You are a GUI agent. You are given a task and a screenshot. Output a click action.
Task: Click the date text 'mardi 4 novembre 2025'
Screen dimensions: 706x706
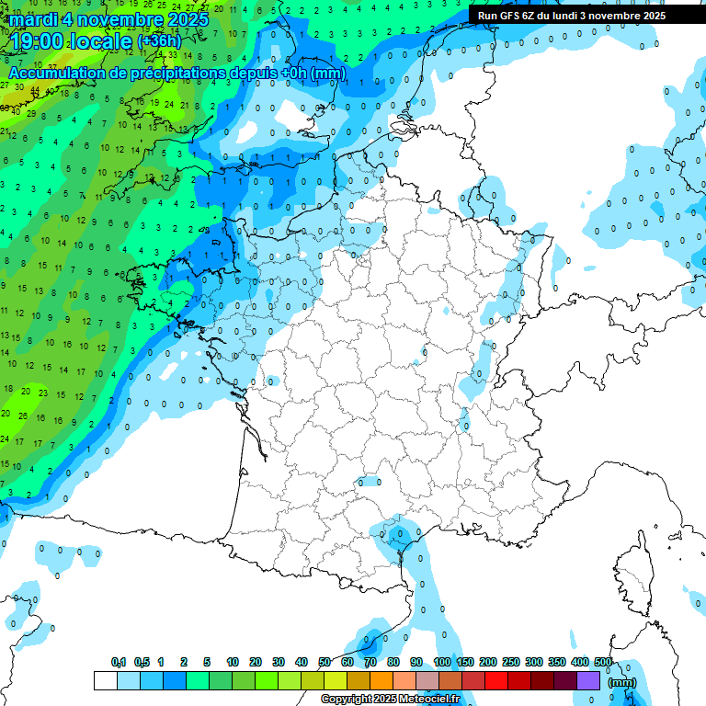(x=109, y=18)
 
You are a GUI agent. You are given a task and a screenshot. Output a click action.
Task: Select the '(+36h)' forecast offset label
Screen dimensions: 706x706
(x=160, y=41)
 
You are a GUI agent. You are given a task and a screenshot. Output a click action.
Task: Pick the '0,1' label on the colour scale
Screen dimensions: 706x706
(x=119, y=663)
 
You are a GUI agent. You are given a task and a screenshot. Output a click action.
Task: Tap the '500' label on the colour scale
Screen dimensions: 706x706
(x=603, y=663)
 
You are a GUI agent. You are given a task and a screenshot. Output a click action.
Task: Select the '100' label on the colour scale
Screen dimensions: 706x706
(x=442, y=663)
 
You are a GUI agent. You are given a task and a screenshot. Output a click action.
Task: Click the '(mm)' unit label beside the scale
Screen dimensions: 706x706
(x=622, y=682)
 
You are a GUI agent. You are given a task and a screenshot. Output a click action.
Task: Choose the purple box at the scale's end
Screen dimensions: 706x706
(x=588, y=680)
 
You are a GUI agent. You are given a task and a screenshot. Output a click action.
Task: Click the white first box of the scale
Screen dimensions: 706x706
(x=105, y=680)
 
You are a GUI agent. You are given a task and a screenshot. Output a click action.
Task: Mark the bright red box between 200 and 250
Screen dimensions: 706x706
(x=496, y=680)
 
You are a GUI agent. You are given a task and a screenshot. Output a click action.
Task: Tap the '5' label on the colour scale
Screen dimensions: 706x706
(x=208, y=663)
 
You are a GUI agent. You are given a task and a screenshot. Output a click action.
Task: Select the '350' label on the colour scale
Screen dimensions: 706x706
(x=557, y=663)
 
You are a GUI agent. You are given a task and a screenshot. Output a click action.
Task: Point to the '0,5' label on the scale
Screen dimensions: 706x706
(x=142, y=663)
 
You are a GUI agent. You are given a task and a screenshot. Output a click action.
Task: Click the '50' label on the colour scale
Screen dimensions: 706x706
(x=324, y=663)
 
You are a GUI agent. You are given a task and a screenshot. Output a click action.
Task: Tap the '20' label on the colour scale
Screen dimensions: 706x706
(x=255, y=663)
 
